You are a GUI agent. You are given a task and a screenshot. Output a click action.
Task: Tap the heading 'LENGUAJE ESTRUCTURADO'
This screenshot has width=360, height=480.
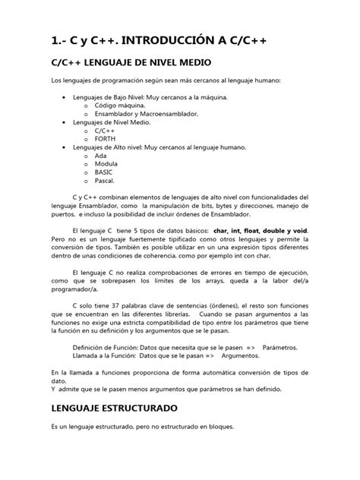(114, 407)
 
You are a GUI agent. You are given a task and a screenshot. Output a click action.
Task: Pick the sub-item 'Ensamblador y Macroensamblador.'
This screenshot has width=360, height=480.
(144, 113)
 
